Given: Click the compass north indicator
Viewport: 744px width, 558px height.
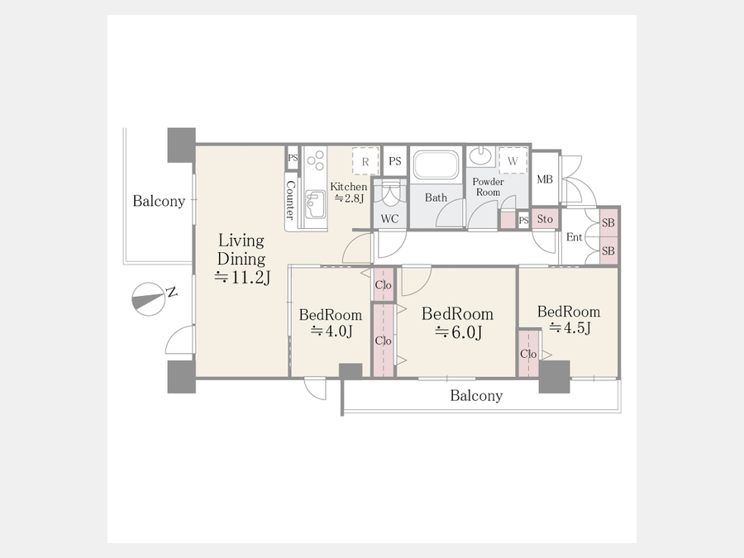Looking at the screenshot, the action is pyautogui.click(x=149, y=299).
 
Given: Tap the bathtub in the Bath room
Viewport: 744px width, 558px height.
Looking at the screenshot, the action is pyautogui.click(x=436, y=165).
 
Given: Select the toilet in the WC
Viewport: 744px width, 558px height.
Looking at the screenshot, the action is pyautogui.click(x=390, y=193).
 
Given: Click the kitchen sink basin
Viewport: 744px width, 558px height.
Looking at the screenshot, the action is pyautogui.click(x=314, y=204).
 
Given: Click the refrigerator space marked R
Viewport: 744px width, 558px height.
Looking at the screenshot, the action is pyautogui.click(x=365, y=161).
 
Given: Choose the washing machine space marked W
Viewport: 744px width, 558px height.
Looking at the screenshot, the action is pyautogui.click(x=513, y=160).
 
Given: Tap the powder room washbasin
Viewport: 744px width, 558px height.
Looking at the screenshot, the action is pyautogui.click(x=482, y=155).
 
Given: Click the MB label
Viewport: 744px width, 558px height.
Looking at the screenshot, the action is pyautogui.click(x=545, y=179).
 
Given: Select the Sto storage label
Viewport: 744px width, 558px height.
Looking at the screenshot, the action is pyautogui.click(x=545, y=219).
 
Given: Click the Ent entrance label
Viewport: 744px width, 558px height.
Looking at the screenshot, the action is pyautogui.click(x=575, y=236).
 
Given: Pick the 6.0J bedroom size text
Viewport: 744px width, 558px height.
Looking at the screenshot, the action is pyautogui.click(x=458, y=332).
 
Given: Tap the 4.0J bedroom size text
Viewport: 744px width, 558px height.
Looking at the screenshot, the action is pyautogui.click(x=331, y=331).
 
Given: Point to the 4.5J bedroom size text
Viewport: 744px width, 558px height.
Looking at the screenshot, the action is pyautogui.click(x=570, y=327).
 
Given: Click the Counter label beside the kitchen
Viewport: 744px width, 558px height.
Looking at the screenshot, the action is pyautogui.click(x=290, y=200).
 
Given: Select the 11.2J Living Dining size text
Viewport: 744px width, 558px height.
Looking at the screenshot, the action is pyautogui.click(x=242, y=277).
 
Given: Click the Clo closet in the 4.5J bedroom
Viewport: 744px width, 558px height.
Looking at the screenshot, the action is pyautogui.click(x=528, y=354).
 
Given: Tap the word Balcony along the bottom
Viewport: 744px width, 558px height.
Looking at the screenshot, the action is pyautogui.click(x=476, y=396).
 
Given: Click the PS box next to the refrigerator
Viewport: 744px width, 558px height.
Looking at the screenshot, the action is pyautogui.click(x=395, y=161).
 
